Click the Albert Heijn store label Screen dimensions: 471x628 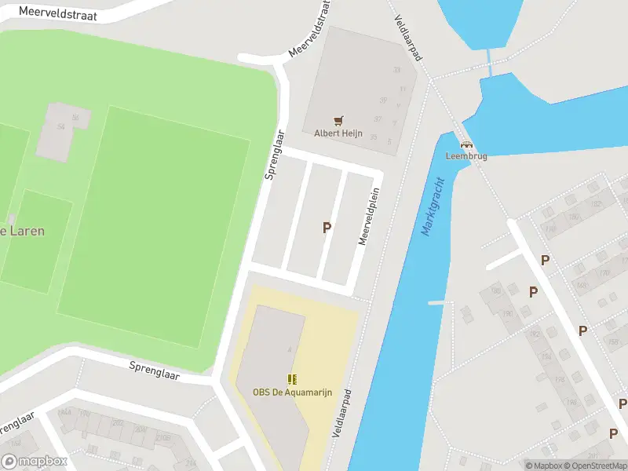[338, 133]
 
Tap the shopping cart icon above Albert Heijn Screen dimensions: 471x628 [338, 120]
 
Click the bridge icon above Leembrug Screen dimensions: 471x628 [466, 144]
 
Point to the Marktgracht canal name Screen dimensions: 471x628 [433, 206]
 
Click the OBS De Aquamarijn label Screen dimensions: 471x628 [291, 392]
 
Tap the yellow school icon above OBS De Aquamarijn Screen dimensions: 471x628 [291, 380]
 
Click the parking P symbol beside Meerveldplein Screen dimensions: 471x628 [327, 228]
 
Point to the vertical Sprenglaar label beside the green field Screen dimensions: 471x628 [272, 155]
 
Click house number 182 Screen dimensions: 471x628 [597, 204]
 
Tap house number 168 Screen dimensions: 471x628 [582, 285]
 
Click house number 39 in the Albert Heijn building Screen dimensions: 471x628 [383, 100]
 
